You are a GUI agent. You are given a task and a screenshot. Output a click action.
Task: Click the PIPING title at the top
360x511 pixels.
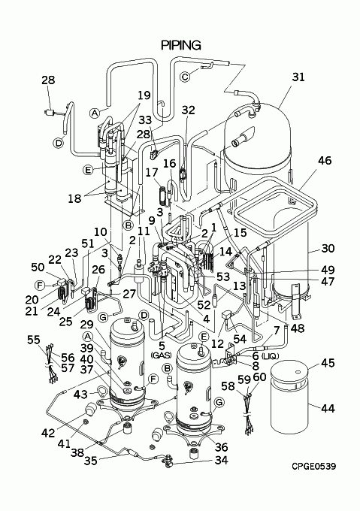pos(181,45)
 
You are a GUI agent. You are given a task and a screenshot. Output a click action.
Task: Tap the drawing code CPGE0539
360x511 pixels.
pos(313,467)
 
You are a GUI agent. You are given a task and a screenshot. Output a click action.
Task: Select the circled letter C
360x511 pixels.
pos(185,77)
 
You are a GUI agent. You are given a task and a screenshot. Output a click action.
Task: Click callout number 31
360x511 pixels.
pos(298,77)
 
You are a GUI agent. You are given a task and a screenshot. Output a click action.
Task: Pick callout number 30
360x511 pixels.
pos(328,248)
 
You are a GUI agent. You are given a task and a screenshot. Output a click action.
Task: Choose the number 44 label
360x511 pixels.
pos(328,408)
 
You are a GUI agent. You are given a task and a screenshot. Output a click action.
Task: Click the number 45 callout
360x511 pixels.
pos(328,363)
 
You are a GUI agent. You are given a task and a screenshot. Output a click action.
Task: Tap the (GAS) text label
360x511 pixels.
pos(161,355)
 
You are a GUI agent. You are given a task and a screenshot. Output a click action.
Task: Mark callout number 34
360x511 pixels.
pos(222,460)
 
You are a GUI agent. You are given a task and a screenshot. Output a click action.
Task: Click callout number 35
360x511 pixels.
pos(91,461)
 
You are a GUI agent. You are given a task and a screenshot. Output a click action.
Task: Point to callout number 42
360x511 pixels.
pos(48,433)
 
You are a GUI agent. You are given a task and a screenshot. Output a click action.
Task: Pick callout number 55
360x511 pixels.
pos(34,339)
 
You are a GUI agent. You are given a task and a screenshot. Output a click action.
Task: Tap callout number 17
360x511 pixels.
pos(152,172)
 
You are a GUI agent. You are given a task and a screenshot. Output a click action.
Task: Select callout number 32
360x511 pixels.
pos(189,110)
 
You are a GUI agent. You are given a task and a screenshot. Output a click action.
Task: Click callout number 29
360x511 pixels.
pos(87,325)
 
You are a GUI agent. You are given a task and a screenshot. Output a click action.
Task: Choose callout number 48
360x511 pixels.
pos(298,328)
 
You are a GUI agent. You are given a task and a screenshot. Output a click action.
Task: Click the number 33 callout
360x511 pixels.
pos(145,120)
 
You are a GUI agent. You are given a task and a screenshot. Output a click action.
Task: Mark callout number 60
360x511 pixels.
pos(259,377)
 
